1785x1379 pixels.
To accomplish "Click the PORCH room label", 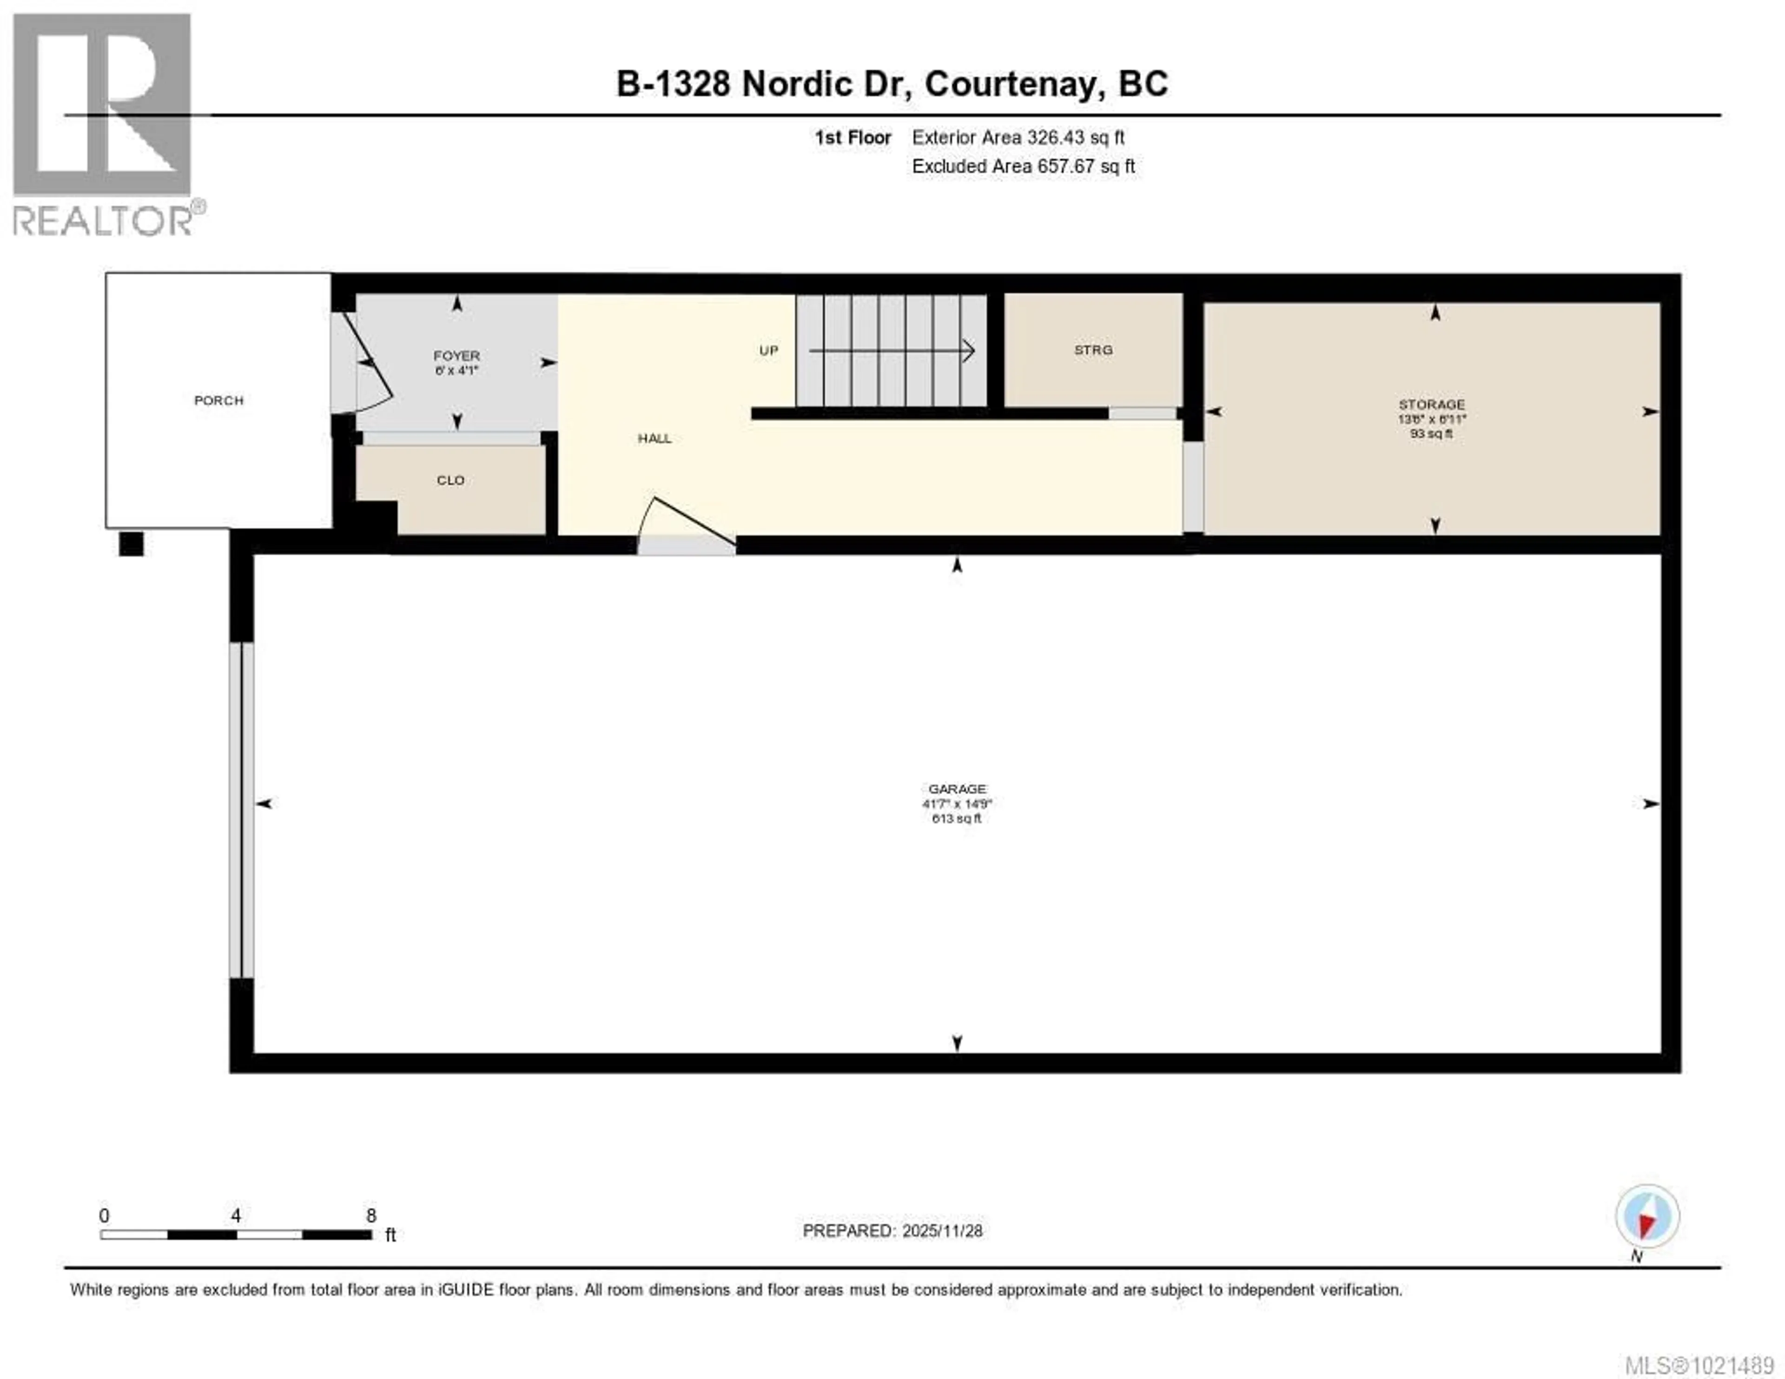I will tap(218, 400).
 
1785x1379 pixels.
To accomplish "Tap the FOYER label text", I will tap(456, 356).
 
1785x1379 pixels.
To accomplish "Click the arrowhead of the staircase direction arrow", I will tap(969, 351).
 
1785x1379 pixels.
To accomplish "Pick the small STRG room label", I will tap(1093, 350).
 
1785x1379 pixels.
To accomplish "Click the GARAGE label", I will tap(957, 789).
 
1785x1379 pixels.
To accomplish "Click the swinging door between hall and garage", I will tap(687, 523).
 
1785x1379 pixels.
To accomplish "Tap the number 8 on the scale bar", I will tap(371, 1215).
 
